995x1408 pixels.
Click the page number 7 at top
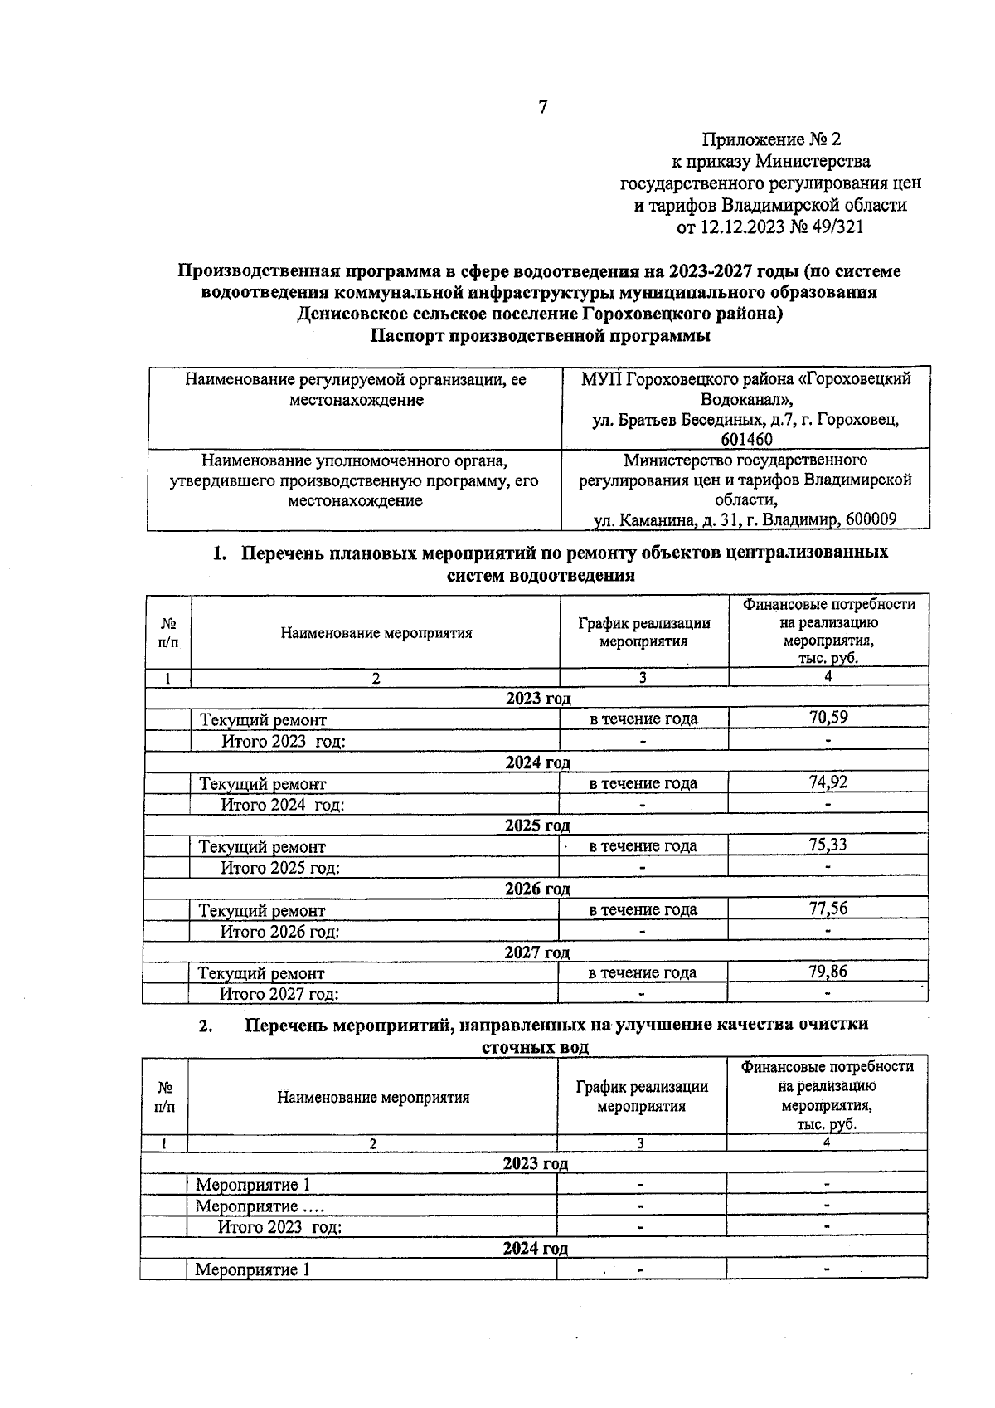tap(543, 107)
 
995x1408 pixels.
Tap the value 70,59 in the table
tap(828, 718)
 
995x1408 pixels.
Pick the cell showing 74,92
tap(828, 782)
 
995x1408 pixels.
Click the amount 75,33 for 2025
tap(828, 845)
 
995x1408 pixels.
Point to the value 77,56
tap(828, 908)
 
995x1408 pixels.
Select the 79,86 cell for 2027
tap(828, 971)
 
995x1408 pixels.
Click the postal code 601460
tap(746, 440)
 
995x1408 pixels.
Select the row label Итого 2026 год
tap(279, 932)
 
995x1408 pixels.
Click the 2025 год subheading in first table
tap(537, 826)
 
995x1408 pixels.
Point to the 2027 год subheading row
tap(536, 952)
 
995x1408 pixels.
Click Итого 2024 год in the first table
tap(283, 805)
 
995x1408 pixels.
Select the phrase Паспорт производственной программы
tap(540, 337)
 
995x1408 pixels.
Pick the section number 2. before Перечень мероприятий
tap(206, 1026)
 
